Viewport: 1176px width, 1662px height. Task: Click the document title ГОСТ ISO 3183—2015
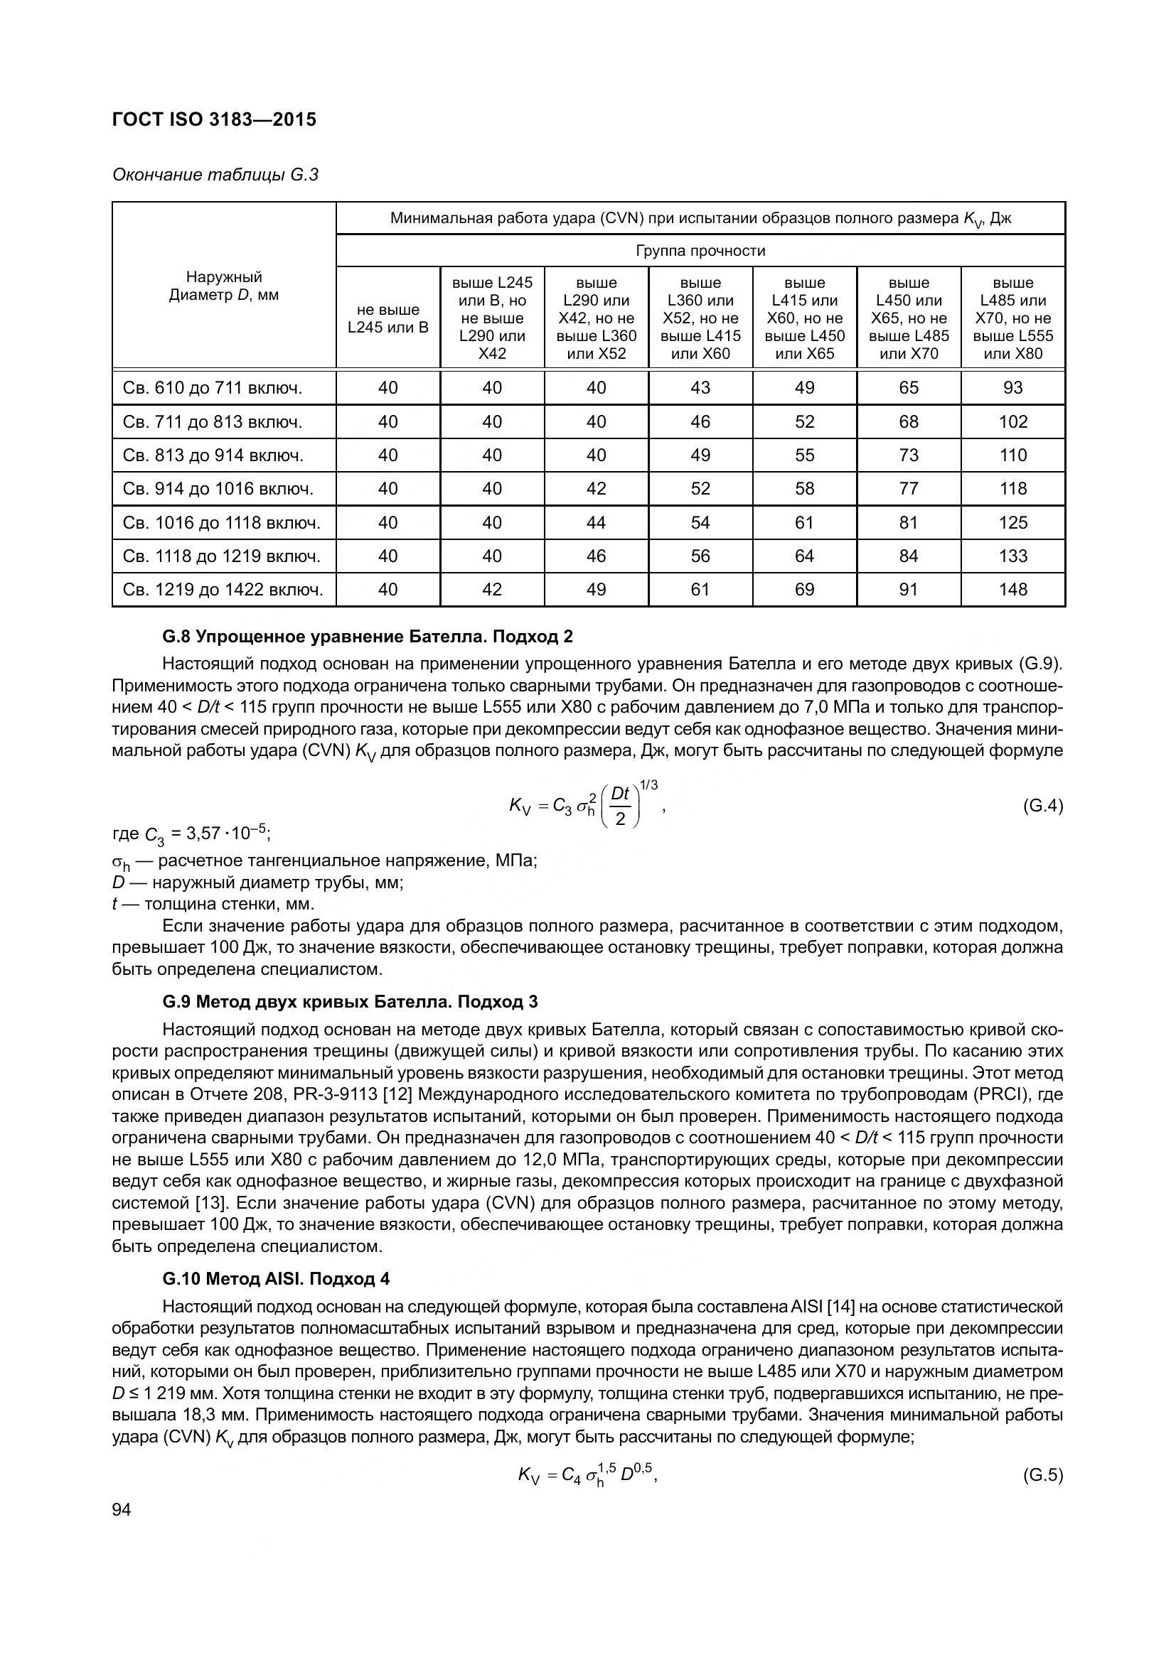pyautogui.click(x=214, y=120)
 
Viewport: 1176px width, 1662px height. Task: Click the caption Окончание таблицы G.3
pyautogui.click(x=215, y=176)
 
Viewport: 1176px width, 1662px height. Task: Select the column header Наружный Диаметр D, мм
pyautogui.click(x=224, y=286)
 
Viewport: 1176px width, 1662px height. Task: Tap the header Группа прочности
pyautogui.click(x=700, y=250)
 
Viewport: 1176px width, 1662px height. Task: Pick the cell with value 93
pyautogui.click(x=1012, y=388)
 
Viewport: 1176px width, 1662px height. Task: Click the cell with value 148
pyautogui.click(x=1012, y=590)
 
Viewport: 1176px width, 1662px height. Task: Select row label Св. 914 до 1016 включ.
pyautogui.click(x=218, y=490)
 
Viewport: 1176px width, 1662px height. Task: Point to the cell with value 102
pyautogui.click(x=1012, y=422)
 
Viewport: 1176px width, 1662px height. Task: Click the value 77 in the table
pyautogui.click(x=908, y=490)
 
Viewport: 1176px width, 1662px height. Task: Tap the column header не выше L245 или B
pyautogui.click(x=388, y=318)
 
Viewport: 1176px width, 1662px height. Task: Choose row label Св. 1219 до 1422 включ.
pyautogui.click(x=223, y=590)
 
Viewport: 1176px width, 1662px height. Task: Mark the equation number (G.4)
pyautogui.click(x=1042, y=806)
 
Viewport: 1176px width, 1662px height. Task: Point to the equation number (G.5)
pyautogui.click(x=1042, y=1475)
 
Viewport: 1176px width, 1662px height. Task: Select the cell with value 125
pyautogui.click(x=1012, y=523)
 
